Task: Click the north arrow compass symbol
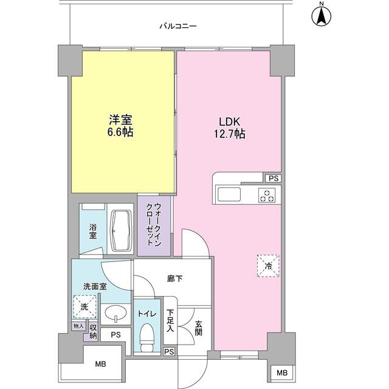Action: (321, 15)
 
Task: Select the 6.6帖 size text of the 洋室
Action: (121, 132)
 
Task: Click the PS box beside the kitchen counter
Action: (273, 179)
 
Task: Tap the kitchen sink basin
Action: (230, 194)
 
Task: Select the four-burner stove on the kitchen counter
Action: (266, 195)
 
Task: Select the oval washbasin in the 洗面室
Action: (114, 314)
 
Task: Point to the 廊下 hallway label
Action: (174, 278)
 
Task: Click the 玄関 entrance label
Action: (198, 329)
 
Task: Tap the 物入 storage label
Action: (77, 326)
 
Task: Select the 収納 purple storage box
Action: (93, 332)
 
